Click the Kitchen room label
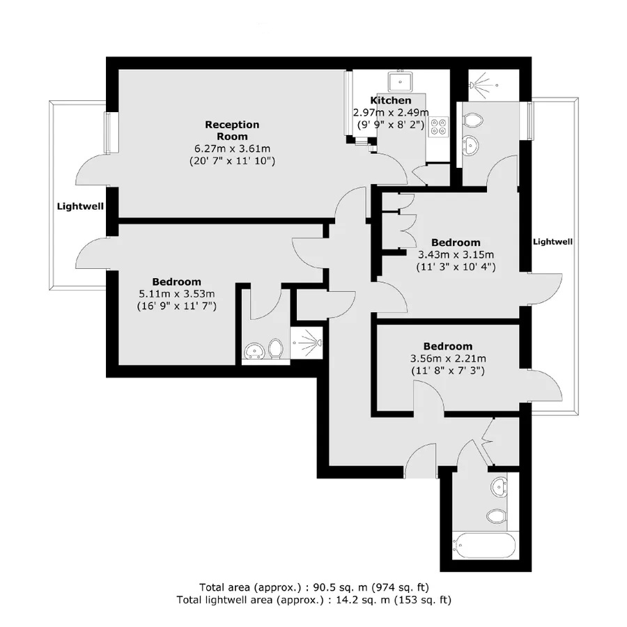[x=390, y=100]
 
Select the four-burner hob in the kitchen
[x=438, y=126]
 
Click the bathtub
[x=484, y=545]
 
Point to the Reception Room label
[x=232, y=130]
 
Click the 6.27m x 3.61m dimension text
[x=232, y=149]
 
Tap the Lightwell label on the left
[x=80, y=206]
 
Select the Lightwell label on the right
[x=552, y=242]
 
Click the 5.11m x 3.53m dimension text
[x=177, y=294]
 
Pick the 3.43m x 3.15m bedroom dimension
[x=456, y=255]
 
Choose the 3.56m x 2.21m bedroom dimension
[x=448, y=359]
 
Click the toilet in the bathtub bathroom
[x=497, y=516]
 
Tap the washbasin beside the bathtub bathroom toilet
[x=499, y=486]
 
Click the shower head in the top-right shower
[x=473, y=85]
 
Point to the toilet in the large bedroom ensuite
[x=275, y=348]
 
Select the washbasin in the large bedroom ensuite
[x=254, y=350]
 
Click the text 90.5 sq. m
[x=340, y=587]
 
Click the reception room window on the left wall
[x=108, y=132]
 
